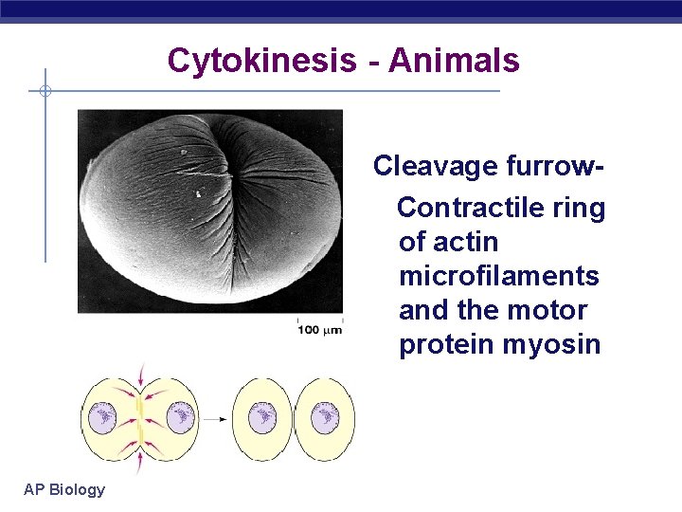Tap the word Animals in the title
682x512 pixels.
coord(454,61)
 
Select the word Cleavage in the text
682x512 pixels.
coord(434,166)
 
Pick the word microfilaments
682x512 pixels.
coord(499,276)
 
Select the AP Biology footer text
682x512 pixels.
coord(65,489)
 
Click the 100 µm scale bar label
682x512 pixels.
coord(320,329)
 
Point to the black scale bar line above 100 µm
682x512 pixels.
coord(319,320)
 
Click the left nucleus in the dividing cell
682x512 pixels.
coord(103,416)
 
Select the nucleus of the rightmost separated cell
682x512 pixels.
coord(325,417)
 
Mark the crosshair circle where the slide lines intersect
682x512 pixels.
coord(45,92)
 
